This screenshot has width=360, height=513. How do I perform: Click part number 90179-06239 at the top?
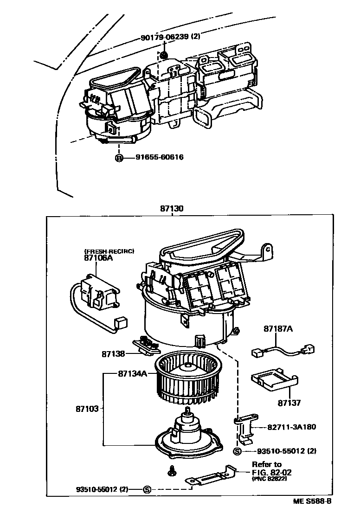click(164, 37)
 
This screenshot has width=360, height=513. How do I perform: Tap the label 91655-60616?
click(160, 157)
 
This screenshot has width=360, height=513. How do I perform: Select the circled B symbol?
click(119, 158)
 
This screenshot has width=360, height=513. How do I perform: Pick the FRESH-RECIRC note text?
click(109, 251)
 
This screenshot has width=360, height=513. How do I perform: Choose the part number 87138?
click(114, 354)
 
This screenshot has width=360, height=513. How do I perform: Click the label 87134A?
click(132, 373)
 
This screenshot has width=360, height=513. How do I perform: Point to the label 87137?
click(289, 403)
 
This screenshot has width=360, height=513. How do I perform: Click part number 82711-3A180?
click(292, 427)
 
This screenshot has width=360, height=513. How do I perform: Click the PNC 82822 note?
click(270, 479)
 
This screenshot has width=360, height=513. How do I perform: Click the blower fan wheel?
click(186, 375)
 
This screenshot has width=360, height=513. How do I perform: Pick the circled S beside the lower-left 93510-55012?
click(147, 489)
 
